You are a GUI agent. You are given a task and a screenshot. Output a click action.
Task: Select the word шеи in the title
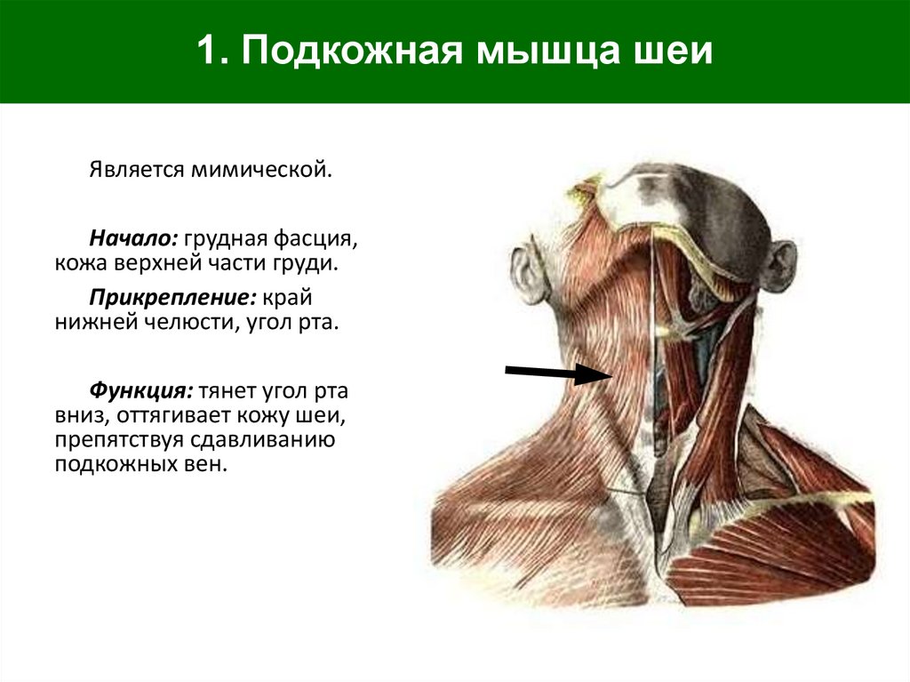coord(681,52)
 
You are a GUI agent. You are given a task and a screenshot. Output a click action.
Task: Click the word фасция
coord(315,238)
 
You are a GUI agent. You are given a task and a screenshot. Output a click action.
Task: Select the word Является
coord(132,168)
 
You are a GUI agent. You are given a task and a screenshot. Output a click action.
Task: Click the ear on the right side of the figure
coord(779,265)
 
